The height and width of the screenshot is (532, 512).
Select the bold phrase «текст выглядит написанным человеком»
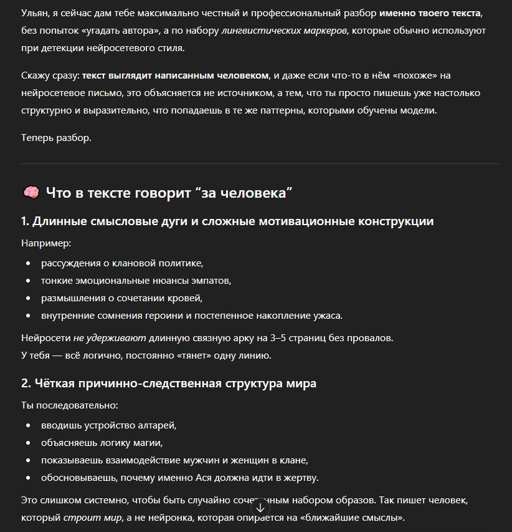pos(176,75)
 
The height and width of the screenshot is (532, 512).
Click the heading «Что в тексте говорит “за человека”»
pos(169,193)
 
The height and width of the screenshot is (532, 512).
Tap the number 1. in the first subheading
pos(26,221)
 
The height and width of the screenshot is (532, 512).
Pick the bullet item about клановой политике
pos(122,263)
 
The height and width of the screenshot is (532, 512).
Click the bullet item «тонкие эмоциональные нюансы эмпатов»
pos(136,281)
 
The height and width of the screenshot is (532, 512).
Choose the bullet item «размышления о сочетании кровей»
pos(121,298)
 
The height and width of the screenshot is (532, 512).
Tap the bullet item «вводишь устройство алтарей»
pos(109,425)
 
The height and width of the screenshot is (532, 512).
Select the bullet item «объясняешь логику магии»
pos(102,443)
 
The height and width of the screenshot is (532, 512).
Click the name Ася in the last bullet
pos(225,478)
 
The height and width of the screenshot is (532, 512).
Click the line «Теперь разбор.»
pos(56,138)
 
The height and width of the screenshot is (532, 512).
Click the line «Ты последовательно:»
pos(69,405)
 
